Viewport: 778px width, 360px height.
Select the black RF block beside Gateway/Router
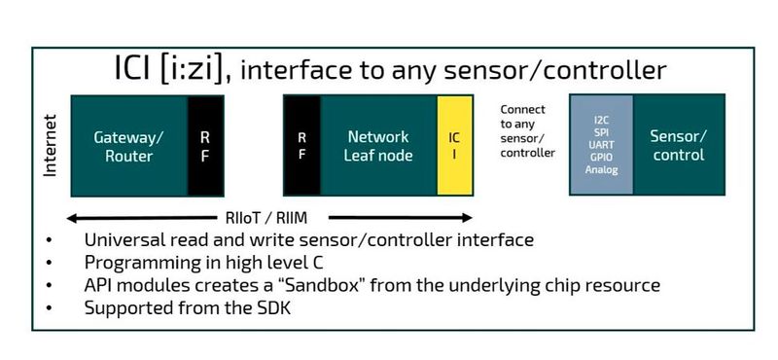coord(205,145)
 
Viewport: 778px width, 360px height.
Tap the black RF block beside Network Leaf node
coord(301,145)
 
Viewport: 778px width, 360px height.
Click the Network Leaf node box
coord(378,145)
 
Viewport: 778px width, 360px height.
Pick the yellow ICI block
coord(454,145)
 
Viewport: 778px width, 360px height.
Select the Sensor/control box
coord(679,145)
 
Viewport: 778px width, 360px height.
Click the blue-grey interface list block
coord(601,145)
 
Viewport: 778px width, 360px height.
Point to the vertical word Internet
coord(51,146)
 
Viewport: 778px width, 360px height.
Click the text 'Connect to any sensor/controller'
coord(528,131)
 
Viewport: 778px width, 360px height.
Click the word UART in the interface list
coord(601,145)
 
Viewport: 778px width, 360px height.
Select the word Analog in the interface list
coord(601,169)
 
